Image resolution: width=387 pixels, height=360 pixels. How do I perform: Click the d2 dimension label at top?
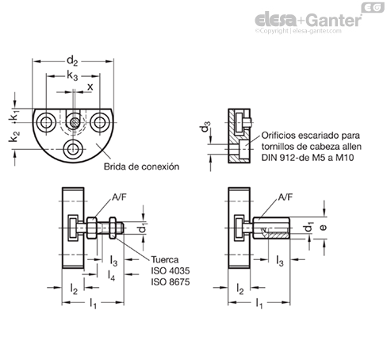72,61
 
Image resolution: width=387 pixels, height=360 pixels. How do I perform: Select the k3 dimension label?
72,76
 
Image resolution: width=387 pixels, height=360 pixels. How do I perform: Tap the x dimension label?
90,87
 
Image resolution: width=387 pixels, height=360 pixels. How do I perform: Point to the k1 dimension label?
15,116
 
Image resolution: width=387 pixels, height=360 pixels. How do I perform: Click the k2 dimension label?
14,136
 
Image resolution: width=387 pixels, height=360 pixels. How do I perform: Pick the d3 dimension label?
205,126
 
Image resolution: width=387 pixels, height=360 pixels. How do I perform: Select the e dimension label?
323,227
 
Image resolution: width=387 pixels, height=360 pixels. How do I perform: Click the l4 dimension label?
111,275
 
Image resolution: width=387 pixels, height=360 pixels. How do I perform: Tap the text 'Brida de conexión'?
141,167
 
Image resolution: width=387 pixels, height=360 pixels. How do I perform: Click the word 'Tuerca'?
165,259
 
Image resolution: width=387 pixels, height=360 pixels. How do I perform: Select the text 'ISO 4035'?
171,270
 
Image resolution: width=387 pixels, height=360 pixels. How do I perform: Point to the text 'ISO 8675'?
171,281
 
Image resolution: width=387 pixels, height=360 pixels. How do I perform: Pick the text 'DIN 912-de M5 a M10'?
308,158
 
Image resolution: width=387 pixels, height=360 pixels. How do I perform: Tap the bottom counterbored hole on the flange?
73,149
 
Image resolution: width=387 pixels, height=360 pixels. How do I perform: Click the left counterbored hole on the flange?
46,122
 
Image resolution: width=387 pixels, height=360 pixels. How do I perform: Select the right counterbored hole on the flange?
100,122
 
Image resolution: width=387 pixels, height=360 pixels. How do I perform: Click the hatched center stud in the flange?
74,122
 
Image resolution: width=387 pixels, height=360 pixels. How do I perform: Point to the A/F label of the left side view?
120,197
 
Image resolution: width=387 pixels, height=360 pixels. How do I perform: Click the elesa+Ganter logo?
308,21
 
